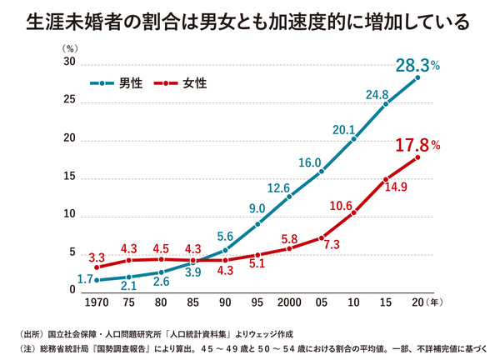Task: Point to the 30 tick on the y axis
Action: [70, 63]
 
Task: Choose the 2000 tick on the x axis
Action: [289, 301]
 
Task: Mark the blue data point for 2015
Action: [386, 104]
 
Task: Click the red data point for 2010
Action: [353, 212]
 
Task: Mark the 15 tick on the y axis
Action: [70, 177]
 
